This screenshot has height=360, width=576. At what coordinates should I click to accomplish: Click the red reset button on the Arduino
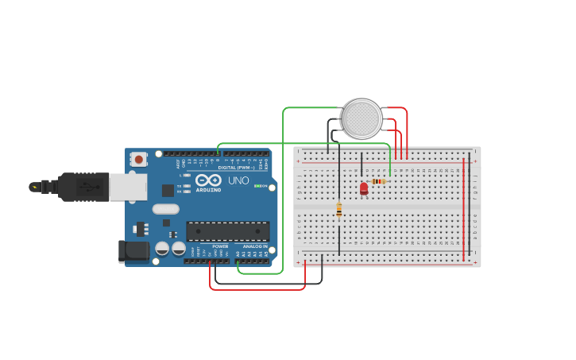click(139, 159)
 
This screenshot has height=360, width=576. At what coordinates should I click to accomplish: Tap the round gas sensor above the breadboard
click(362, 119)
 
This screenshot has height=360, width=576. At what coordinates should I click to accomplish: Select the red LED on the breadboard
click(364, 188)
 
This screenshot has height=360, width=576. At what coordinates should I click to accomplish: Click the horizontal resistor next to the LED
click(378, 181)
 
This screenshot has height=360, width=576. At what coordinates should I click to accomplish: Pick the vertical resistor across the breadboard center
click(339, 210)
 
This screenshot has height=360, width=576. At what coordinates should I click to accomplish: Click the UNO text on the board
click(239, 181)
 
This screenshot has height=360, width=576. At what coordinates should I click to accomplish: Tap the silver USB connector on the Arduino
click(127, 187)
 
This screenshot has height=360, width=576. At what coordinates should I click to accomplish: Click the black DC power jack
click(133, 251)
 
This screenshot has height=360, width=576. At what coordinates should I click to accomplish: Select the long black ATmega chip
click(227, 231)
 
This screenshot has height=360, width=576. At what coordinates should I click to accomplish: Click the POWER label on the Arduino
click(220, 246)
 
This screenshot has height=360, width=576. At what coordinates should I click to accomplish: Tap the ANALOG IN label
click(254, 246)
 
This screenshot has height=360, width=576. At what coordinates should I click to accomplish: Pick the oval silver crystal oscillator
click(165, 209)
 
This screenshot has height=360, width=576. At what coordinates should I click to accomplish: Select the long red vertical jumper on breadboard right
click(464, 208)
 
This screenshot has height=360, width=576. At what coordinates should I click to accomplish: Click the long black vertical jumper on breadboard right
click(470, 208)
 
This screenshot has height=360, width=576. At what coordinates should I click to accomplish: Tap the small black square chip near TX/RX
click(168, 190)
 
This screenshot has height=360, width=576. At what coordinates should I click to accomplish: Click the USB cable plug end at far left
click(35, 187)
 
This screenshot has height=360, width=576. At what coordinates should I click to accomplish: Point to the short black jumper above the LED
click(361, 165)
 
